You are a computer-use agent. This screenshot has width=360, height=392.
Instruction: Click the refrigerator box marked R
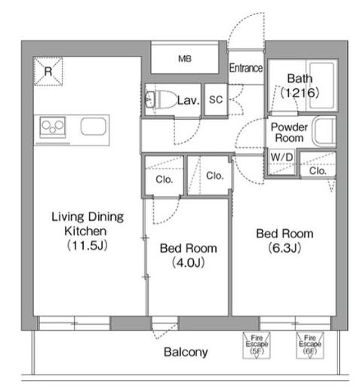(48, 71)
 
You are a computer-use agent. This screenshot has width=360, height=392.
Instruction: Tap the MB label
(185, 59)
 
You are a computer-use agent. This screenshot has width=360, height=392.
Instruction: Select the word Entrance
(246, 68)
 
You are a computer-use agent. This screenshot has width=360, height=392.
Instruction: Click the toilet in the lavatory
(162, 100)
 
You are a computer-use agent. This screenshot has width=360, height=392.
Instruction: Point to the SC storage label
(216, 100)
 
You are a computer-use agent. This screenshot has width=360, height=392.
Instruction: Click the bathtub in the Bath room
(322, 85)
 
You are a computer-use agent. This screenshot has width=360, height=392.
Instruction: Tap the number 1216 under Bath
(300, 93)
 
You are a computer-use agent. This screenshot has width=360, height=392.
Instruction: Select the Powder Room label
(289, 133)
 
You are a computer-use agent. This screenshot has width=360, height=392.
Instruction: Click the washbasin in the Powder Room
(324, 131)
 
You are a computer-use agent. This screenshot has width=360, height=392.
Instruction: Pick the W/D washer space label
(282, 158)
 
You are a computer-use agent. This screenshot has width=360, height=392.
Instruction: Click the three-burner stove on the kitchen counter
(53, 127)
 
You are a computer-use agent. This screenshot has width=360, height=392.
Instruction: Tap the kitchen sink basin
(94, 127)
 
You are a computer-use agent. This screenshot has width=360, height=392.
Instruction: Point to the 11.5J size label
(88, 245)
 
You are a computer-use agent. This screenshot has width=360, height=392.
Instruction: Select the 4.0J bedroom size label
(188, 263)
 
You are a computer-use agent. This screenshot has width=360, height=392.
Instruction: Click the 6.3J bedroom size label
(285, 248)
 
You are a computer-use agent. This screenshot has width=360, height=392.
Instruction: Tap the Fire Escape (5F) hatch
(257, 345)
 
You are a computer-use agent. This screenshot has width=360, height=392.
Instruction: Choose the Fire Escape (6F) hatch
(310, 345)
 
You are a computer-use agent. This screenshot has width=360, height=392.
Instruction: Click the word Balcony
(186, 352)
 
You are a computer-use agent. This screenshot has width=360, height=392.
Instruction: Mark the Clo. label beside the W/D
(318, 171)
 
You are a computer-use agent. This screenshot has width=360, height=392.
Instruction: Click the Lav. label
(188, 100)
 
